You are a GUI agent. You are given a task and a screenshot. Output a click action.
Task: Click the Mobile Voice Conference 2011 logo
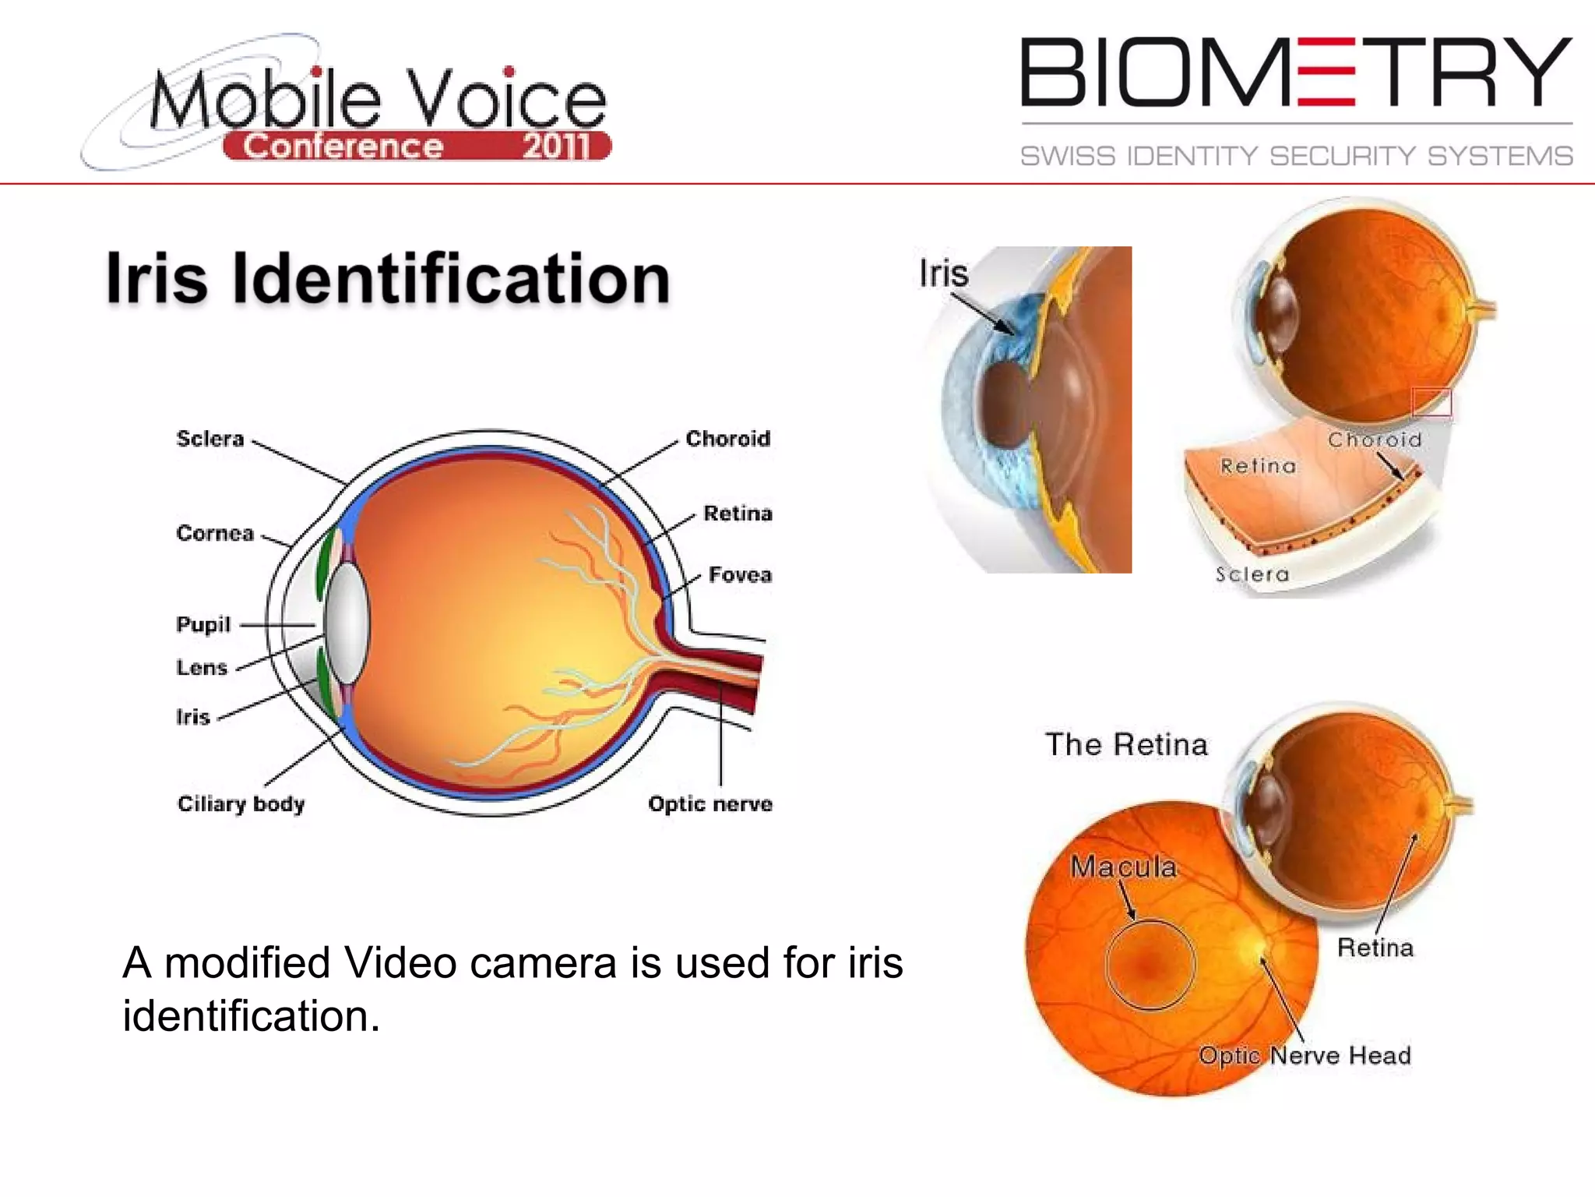point(347,105)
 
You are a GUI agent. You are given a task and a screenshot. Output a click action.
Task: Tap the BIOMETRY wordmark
point(1296,72)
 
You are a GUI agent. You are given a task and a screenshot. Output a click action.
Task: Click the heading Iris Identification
point(388,278)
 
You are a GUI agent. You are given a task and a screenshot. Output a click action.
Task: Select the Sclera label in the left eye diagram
point(210,439)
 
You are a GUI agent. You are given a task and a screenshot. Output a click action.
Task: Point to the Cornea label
point(215,533)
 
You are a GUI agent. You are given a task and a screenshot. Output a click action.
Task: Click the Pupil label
point(203,624)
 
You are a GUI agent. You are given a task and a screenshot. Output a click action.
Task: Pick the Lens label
point(202,667)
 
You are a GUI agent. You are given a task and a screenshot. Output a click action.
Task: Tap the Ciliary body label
point(241,803)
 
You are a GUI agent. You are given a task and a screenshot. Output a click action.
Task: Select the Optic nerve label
point(709,803)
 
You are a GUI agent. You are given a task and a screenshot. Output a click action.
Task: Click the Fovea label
point(739,575)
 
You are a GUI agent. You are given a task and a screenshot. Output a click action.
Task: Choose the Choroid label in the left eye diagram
point(727,439)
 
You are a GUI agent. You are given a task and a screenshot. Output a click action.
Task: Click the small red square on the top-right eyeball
point(1431,402)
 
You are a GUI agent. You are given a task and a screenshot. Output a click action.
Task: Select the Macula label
point(1123,867)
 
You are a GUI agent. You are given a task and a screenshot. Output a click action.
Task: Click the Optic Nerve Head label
point(1305,1055)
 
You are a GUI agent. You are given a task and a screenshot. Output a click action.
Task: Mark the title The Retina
point(1126,744)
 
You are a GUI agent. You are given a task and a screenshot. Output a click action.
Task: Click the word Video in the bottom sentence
point(400,962)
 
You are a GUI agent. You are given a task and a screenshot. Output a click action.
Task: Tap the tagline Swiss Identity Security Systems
point(1296,156)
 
